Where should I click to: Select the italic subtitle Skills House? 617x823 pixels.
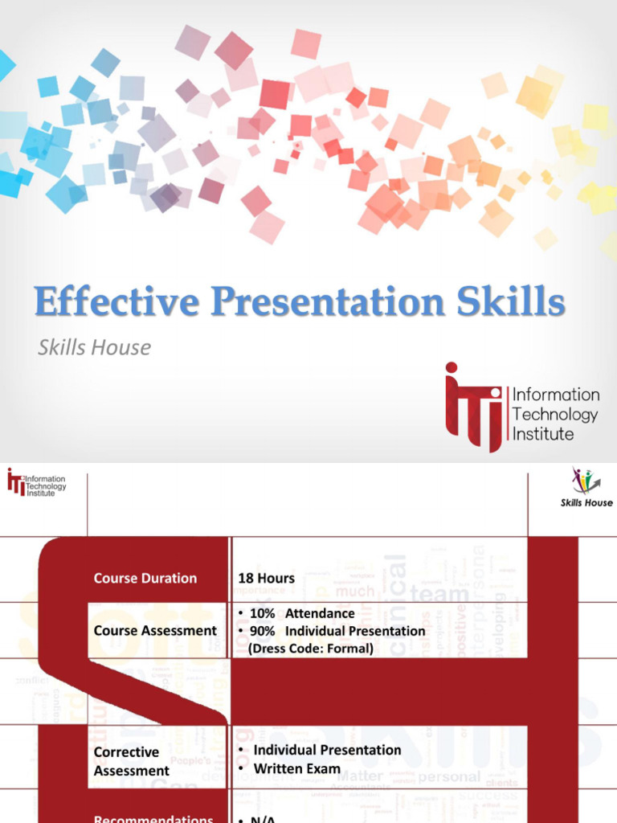94,347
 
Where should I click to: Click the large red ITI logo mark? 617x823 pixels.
473,405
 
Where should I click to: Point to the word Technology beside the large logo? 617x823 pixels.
555,414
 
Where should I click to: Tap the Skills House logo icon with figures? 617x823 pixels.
586,480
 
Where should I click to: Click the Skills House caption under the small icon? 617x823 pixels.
586,503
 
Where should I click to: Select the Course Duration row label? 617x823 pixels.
145,578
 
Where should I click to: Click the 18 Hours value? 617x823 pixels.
266,578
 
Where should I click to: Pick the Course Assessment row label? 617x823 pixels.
155,630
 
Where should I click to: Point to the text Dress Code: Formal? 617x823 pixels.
311,648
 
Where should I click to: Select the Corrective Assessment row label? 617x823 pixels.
132,761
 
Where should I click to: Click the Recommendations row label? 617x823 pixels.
153,818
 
